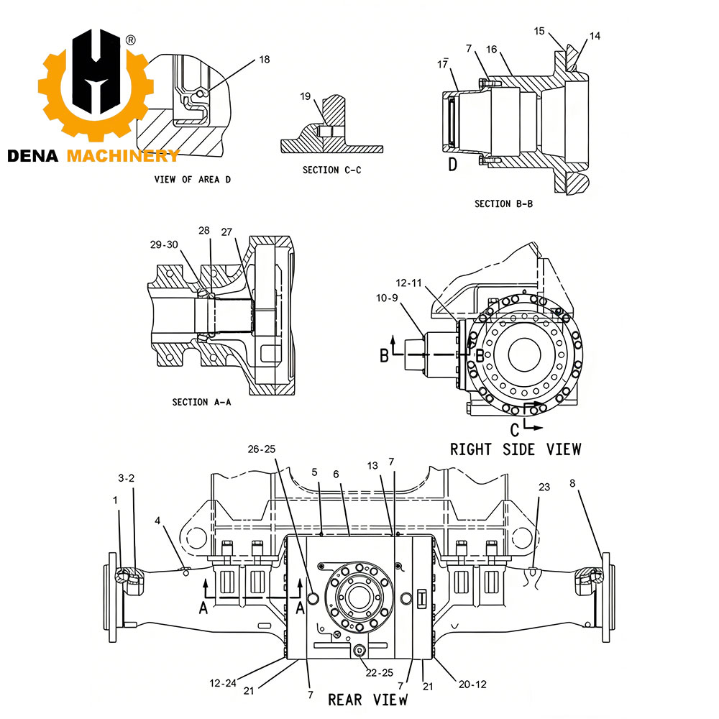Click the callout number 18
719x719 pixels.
coord(265,60)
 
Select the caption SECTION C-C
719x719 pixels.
coord(331,170)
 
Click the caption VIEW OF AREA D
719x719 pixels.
coord(193,180)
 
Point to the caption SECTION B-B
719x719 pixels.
coord(503,204)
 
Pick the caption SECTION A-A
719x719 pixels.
coord(201,403)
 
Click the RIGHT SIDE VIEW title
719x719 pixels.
coord(515,449)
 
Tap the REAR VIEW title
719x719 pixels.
coord(367,699)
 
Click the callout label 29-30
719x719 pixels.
coord(164,244)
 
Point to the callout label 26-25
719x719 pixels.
coord(262,449)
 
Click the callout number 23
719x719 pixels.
coord(544,487)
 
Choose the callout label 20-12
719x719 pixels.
coord(472,684)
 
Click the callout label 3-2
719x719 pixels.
coord(126,477)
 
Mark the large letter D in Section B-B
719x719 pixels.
coord(453,165)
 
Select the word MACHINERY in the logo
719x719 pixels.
coord(122,156)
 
